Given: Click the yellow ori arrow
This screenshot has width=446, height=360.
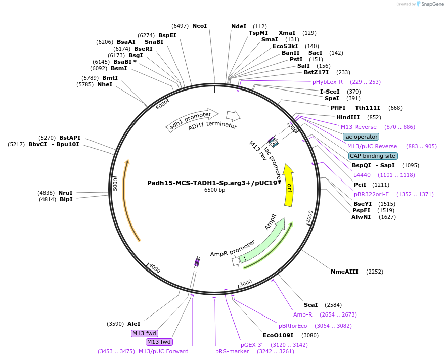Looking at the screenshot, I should (289, 185).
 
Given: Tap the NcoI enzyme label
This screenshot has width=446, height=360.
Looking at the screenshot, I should (199, 26).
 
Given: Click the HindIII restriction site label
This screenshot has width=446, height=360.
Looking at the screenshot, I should (347, 117).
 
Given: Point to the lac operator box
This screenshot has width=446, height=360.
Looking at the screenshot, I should (361, 137).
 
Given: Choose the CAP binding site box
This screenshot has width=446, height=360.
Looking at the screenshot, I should (373, 156).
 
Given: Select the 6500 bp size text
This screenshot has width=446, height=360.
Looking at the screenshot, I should (214, 190).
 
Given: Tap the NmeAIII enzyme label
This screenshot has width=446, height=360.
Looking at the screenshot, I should (344, 272).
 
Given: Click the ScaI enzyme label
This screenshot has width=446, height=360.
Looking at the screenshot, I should (310, 305).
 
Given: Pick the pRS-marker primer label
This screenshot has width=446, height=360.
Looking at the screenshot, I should (232, 351).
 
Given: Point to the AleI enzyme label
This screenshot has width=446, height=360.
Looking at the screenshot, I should (134, 324).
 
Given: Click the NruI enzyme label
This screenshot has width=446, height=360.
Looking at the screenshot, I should (65, 193).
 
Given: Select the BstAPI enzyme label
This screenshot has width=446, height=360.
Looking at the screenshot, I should (70, 138).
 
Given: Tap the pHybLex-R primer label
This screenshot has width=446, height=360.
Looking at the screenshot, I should (327, 82).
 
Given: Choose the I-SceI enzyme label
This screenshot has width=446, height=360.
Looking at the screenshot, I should (329, 92).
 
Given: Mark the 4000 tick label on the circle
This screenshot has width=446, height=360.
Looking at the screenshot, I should (155, 269).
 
